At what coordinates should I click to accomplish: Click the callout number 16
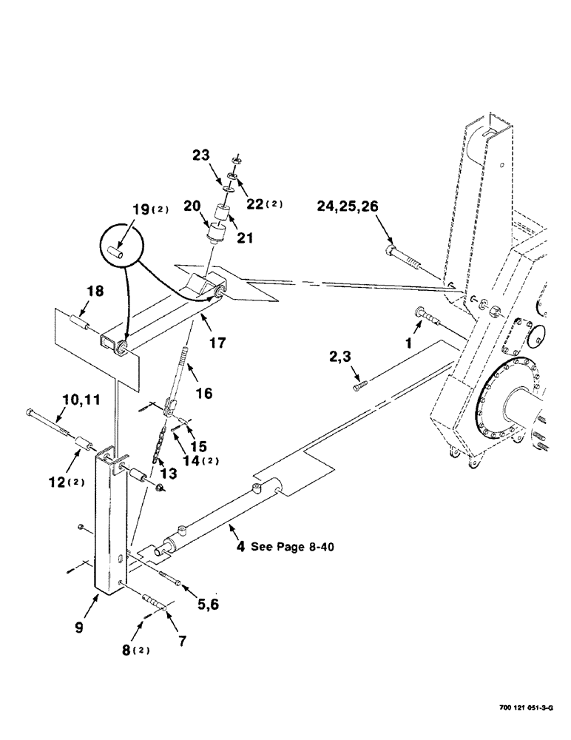point(203,394)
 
